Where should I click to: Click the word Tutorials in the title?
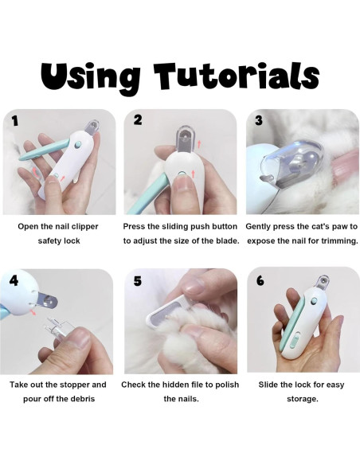click(237, 76)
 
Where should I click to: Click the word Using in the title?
click(91, 76)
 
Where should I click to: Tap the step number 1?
click(15, 121)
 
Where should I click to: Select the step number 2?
click(138, 119)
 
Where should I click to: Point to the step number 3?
click(259, 120)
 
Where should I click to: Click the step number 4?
click(14, 280)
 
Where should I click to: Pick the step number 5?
click(137, 280)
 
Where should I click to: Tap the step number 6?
click(260, 280)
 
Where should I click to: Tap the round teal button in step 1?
click(78, 145)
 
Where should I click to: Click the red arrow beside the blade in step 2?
click(199, 144)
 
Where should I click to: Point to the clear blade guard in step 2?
click(186, 139)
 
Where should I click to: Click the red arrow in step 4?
click(33, 311)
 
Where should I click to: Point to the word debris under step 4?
click(83, 398)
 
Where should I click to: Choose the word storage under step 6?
click(302, 399)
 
